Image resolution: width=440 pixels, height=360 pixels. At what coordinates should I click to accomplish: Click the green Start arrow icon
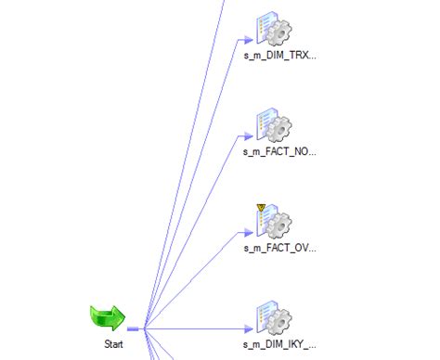point(108,318)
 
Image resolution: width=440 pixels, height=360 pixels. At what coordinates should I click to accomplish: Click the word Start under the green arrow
point(112,344)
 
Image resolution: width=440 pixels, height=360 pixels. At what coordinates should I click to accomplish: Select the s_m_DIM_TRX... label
point(279,56)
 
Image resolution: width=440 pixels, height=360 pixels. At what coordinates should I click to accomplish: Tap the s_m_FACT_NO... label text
point(279,151)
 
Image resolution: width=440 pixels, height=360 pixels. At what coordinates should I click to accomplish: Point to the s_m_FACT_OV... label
point(279,248)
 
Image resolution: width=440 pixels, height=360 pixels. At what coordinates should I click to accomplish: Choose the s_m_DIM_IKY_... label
point(279,344)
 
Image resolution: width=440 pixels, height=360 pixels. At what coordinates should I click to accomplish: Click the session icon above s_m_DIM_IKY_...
point(274,316)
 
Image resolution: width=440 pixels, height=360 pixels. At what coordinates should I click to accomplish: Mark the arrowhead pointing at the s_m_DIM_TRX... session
point(248,39)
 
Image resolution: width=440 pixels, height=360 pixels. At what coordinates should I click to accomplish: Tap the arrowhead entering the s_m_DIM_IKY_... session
point(248,328)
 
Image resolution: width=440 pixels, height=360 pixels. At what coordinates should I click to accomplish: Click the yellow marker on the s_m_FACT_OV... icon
point(260,207)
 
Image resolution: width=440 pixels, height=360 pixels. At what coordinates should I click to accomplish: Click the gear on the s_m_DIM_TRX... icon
point(280,32)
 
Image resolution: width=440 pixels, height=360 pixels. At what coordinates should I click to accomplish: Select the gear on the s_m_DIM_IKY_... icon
point(280,321)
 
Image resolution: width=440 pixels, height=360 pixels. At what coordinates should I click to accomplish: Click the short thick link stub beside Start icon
point(134,328)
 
